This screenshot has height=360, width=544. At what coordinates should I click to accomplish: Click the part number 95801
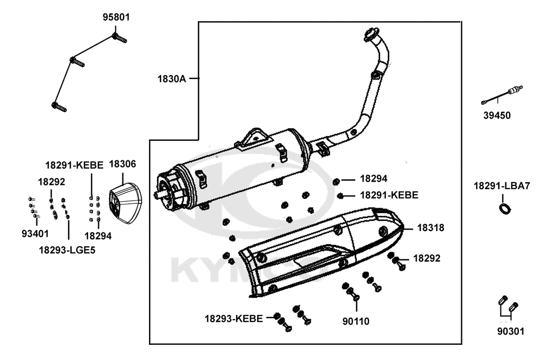tap(116, 17)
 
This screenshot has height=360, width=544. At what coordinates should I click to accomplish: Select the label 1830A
tap(172, 79)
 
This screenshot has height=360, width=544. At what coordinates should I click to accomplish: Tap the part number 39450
tap(497, 115)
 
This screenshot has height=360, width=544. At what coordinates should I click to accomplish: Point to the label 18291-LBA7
tap(502, 186)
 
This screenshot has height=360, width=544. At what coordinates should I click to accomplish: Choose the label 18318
tap(431, 228)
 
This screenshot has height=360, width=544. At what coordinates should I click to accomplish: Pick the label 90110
tap(356, 321)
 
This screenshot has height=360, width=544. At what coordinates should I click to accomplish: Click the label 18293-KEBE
tap(234, 318)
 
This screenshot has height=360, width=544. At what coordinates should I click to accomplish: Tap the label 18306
tap(123, 164)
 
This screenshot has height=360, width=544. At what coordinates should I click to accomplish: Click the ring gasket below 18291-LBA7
tap(506, 207)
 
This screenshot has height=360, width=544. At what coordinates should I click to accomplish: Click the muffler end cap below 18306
tap(123, 203)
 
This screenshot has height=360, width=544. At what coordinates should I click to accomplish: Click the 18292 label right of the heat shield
tap(427, 258)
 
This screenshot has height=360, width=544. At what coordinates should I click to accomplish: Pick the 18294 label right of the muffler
tap(374, 178)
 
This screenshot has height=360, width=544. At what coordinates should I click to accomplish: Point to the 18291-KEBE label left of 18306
tap(74, 165)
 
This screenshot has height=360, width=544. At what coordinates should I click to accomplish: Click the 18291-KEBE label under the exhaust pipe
tap(389, 195)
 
